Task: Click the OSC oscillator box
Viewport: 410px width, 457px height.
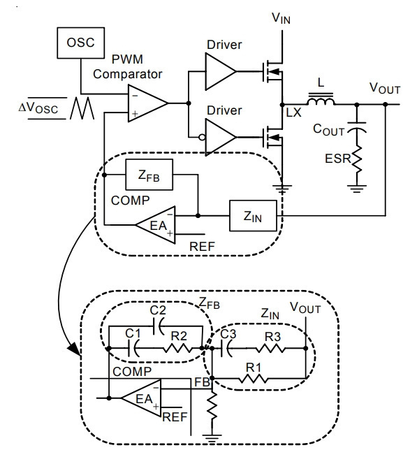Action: [81, 43]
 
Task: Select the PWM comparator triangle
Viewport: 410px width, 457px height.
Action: [148, 103]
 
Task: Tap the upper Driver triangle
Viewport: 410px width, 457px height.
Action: [221, 71]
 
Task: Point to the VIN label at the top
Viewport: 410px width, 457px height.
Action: [281, 18]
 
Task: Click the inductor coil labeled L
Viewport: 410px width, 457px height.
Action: [321, 100]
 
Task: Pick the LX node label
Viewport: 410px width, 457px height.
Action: [293, 113]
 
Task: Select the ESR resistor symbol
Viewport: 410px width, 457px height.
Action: [357, 159]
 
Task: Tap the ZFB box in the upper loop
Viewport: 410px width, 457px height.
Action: [149, 175]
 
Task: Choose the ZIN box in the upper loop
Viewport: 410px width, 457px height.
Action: [253, 216]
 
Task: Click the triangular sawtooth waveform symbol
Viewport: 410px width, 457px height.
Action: [82, 108]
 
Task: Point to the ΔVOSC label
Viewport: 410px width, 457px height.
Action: [38, 108]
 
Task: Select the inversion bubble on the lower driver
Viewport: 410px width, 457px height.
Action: [202, 137]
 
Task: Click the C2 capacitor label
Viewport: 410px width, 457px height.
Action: [158, 310]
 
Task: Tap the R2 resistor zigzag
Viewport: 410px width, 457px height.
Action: [177, 348]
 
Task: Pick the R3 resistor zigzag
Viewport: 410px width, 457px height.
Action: [270, 348]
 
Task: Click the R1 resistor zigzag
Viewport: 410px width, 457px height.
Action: [253, 379]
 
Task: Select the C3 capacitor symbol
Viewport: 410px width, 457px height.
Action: [226, 348]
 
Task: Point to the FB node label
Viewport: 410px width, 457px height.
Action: [202, 382]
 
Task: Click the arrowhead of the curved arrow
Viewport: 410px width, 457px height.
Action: [74, 349]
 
